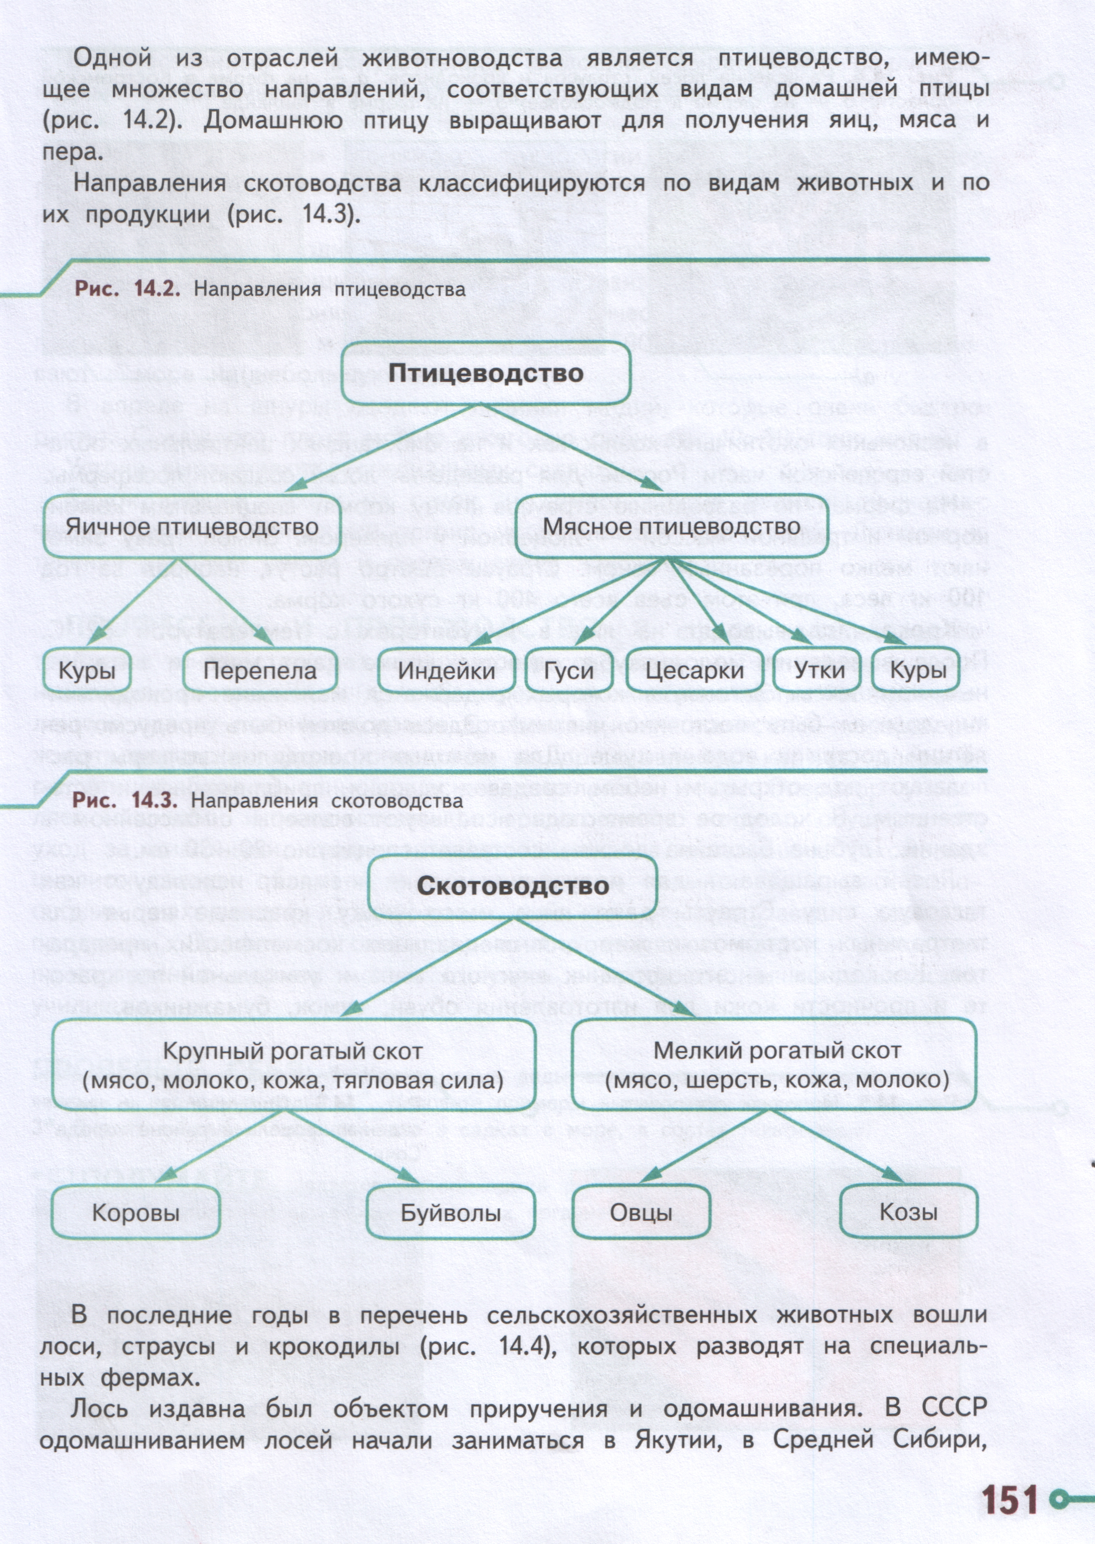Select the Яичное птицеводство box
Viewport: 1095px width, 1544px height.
192,526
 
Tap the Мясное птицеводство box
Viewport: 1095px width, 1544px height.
672,526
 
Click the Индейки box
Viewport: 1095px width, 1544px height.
446,671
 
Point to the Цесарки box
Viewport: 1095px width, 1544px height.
694,671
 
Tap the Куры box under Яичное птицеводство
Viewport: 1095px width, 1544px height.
87,671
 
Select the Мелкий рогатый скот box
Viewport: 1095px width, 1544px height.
775,1065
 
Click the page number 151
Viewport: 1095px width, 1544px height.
1010,1478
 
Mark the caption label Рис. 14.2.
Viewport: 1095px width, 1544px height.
127,289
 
